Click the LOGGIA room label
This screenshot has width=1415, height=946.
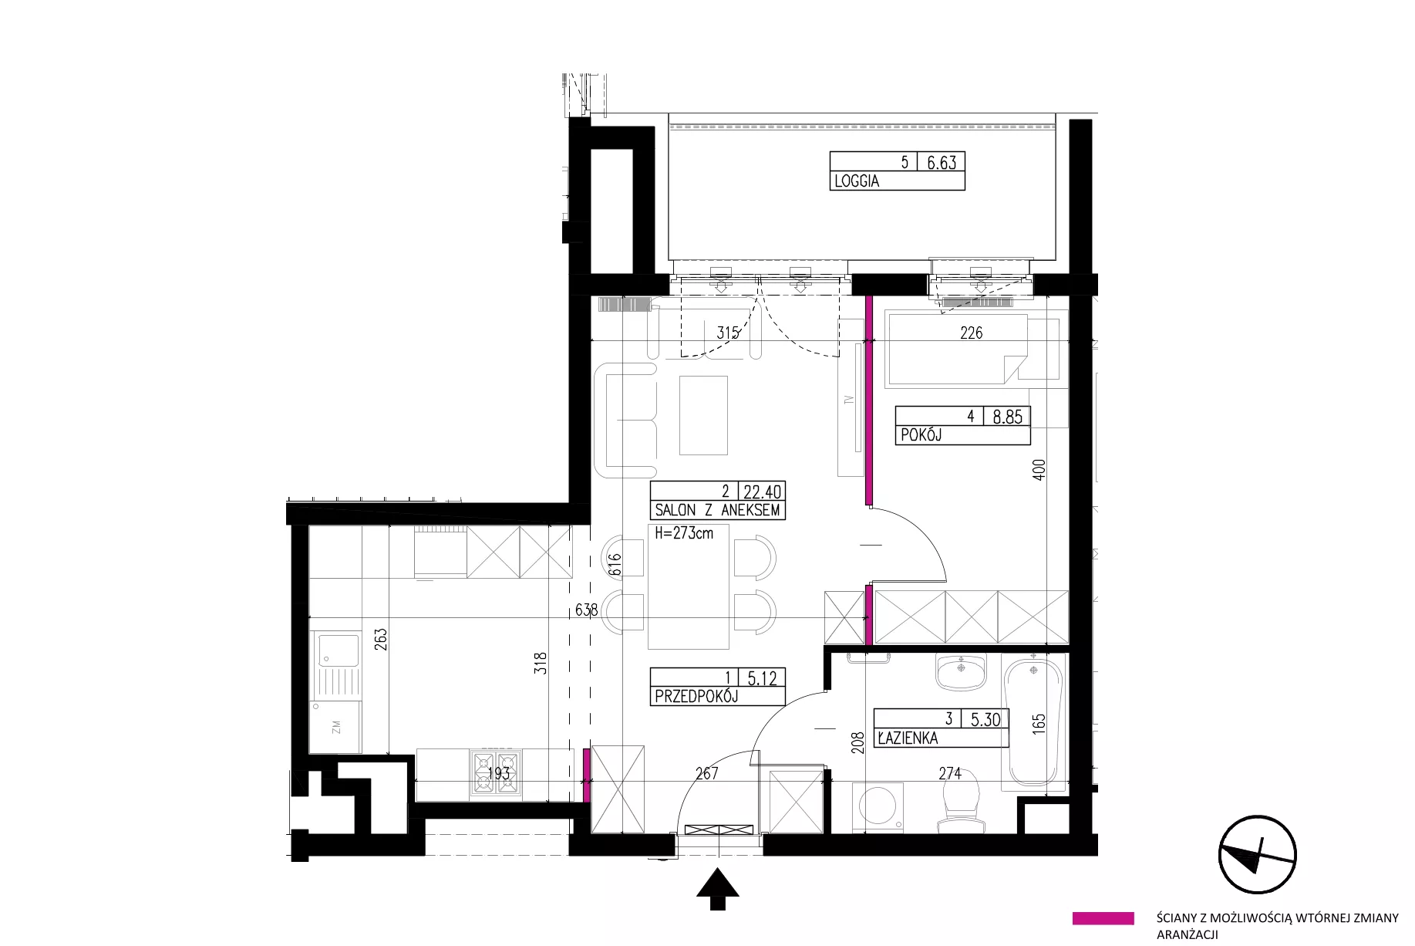point(856,181)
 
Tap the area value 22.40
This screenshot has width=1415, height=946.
point(763,492)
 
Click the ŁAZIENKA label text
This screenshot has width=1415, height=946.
point(908,738)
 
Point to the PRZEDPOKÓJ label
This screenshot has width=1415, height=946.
point(696,697)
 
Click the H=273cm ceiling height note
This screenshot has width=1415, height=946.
point(683,532)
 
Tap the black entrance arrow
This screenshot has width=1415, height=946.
point(718,889)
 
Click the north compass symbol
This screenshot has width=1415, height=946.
point(1257,855)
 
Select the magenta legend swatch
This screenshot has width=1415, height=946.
point(1103,918)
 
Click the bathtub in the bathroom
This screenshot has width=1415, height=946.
point(1033,721)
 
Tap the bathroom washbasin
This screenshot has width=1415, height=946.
point(961,672)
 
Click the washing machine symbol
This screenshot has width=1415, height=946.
point(881,807)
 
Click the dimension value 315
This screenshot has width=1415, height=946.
point(728,333)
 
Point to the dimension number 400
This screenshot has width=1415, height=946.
point(1039,470)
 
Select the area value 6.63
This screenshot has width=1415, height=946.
point(941,162)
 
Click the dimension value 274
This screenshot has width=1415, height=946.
point(950,772)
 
